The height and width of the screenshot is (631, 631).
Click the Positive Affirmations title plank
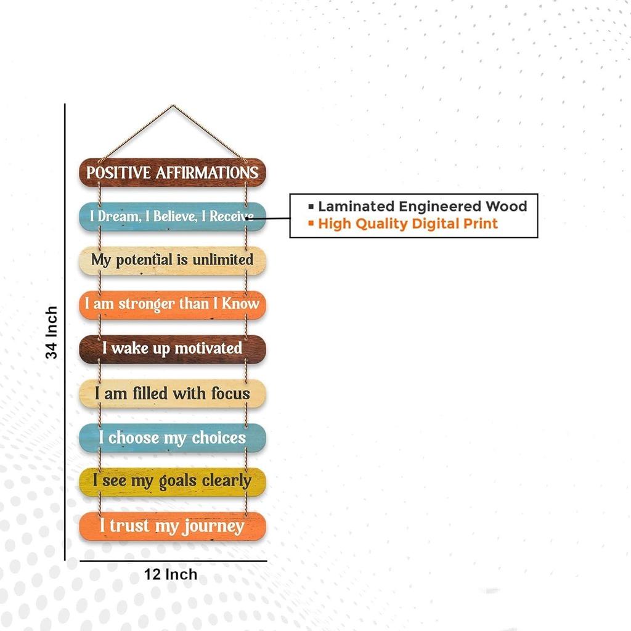[x=173, y=173]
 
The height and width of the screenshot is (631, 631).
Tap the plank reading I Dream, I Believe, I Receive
[x=173, y=216]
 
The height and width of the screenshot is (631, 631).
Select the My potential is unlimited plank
[x=173, y=261]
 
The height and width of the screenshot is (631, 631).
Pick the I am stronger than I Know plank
[x=173, y=305]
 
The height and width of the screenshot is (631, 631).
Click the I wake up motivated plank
[x=173, y=349]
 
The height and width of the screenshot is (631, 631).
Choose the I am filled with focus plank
[x=173, y=394]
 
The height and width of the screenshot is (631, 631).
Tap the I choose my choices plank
[x=173, y=438]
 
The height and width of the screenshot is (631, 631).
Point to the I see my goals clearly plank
[x=173, y=482]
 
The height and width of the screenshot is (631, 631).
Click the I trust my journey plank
[x=173, y=526]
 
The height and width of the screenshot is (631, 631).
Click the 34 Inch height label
[x=52, y=332]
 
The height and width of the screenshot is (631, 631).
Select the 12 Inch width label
[x=171, y=574]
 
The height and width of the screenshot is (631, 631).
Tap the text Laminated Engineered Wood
[x=423, y=206]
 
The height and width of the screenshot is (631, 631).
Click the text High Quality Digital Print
[x=408, y=224]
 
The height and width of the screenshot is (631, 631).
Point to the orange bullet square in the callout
[x=311, y=222]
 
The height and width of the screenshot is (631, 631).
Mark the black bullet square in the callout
[x=311, y=206]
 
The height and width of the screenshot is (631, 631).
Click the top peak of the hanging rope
[x=173, y=106]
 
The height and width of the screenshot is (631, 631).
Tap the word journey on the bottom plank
[x=213, y=527]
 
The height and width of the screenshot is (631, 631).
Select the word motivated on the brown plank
[x=208, y=348]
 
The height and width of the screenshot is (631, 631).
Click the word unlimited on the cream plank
[x=223, y=259]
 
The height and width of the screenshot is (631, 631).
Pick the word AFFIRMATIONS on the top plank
[x=207, y=173]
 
